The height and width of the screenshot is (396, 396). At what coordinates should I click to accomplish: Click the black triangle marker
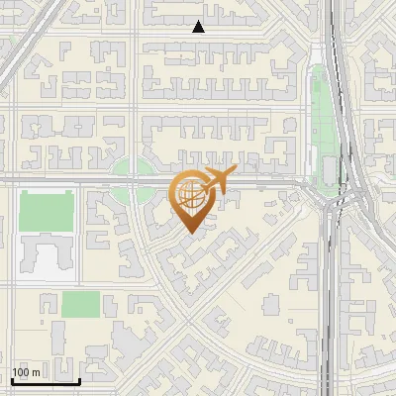(198, 28)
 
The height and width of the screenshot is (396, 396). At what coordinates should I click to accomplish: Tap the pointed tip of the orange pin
(190, 234)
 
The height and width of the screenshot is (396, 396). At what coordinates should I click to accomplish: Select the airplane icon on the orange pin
(217, 180)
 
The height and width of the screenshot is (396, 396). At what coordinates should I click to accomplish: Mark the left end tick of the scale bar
(11, 379)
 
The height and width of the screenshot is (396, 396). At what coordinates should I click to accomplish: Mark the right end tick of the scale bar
(79, 379)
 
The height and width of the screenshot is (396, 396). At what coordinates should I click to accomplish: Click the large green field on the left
(47, 212)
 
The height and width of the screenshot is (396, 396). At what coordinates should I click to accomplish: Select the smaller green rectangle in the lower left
(80, 304)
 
